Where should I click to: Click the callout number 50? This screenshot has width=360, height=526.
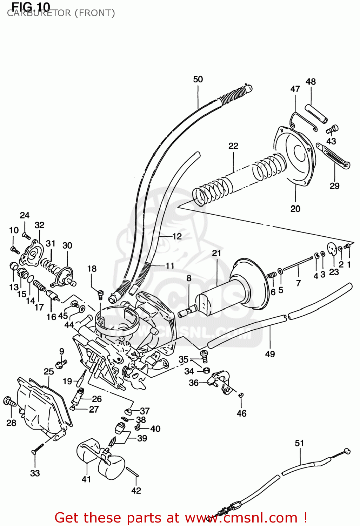click(x=198, y=79)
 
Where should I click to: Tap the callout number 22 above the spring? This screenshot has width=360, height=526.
click(x=233, y=146)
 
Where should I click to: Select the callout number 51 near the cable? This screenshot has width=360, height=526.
click(x=299, y=443)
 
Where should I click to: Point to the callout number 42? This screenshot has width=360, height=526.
click(x=136, y=491)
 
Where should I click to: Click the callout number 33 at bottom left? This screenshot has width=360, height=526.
click(x=35, y=473)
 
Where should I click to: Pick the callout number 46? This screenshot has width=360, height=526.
click(x=241, y=413)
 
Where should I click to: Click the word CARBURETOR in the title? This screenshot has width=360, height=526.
click(x=39, y=13)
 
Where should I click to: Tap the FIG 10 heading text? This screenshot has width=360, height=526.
click(x=31, y=6)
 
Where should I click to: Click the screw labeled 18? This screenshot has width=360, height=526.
click(x=100, y=294)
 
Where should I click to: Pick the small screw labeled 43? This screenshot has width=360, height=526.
click(x=332, y=129)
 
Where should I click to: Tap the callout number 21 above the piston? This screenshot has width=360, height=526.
click(x=216, y=253)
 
